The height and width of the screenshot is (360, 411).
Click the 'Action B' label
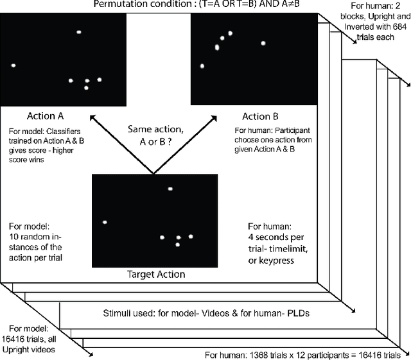(260, 117)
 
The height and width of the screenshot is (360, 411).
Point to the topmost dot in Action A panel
(79, 31)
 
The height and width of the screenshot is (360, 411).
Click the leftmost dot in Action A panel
(13, 65)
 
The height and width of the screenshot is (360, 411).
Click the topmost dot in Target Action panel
(170, 189)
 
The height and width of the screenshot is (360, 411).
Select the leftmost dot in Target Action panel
(104, 222)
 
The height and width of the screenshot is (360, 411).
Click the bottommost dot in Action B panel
(202, 66)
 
